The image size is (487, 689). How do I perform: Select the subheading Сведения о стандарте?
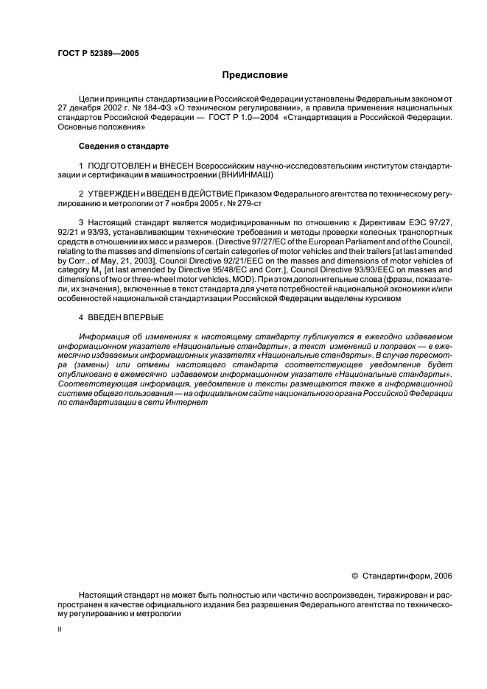click(x=125, y=146)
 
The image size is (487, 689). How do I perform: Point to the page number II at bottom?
click(x=60, y=630)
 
